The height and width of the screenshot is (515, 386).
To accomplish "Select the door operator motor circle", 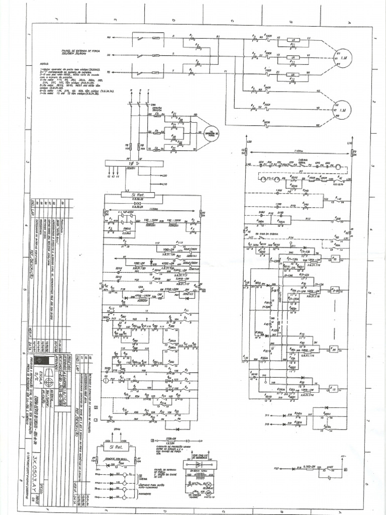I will coord(205,133).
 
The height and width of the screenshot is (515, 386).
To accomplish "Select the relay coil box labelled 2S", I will coord(333,350).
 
